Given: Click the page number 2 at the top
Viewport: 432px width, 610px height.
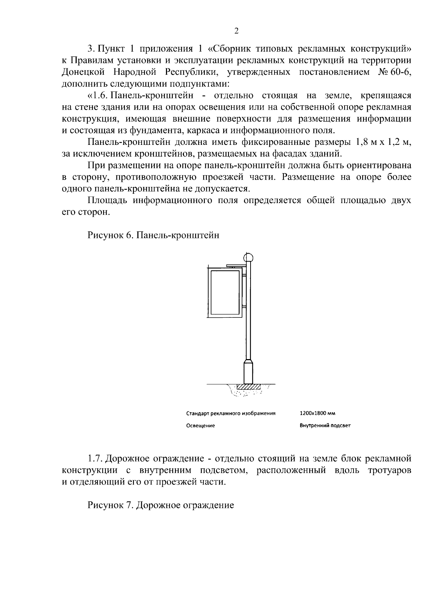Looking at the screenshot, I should [x=236, y=31].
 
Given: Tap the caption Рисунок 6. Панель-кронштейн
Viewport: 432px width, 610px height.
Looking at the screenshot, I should [x=153, y=236].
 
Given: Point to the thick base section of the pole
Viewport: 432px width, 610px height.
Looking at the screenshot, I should [x=248, y=372].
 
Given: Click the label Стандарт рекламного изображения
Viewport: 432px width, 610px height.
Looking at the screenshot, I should [x=231, y=414].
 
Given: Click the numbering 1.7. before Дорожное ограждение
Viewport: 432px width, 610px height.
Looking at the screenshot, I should [x=95, y=459].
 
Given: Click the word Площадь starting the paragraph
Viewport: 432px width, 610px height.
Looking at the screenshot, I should [x=108, y=201].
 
